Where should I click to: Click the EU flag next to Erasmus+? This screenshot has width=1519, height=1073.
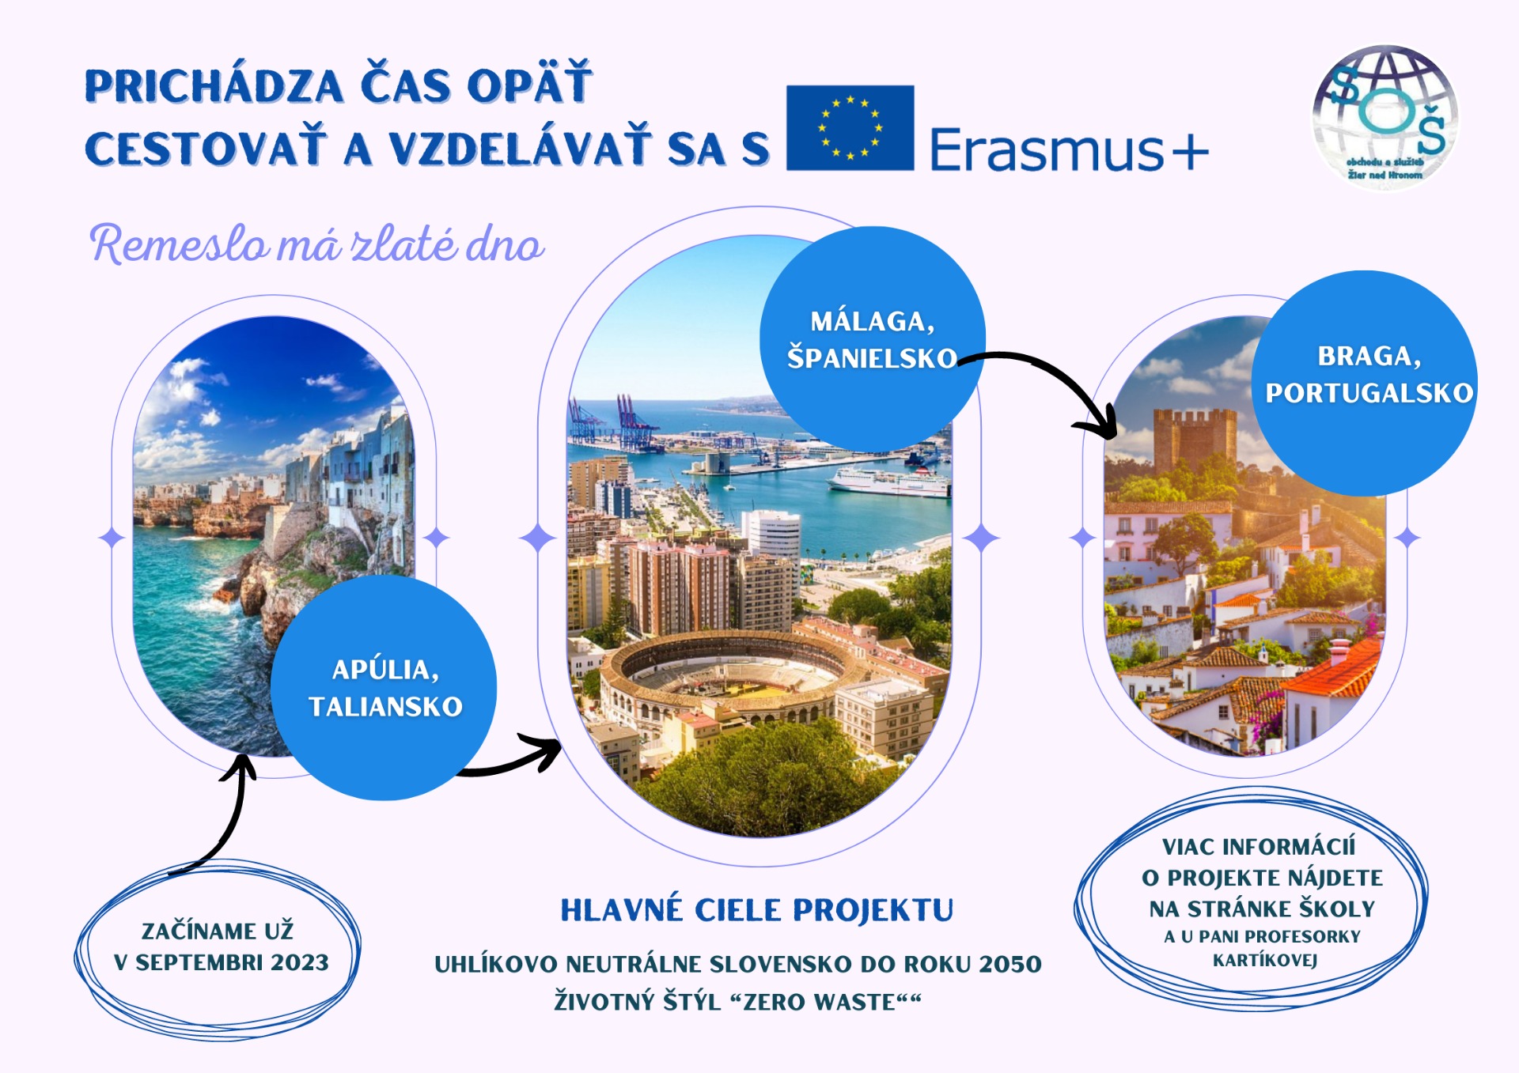click(850, 127)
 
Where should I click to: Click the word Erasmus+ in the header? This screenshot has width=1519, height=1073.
click(1069, 149)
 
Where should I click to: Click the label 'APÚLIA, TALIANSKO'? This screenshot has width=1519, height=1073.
click(385, 688)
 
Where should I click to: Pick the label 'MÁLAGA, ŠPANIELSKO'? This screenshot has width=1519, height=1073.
click(872, 340)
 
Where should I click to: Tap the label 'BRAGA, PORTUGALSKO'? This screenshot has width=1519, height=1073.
click(1369, 374)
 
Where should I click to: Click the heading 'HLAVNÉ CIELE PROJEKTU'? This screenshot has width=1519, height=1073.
click(757, 910)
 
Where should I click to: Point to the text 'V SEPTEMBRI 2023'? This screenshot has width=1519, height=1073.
click(222, 962)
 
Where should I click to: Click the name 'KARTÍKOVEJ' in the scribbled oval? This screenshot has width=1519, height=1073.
click(1265, 960)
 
